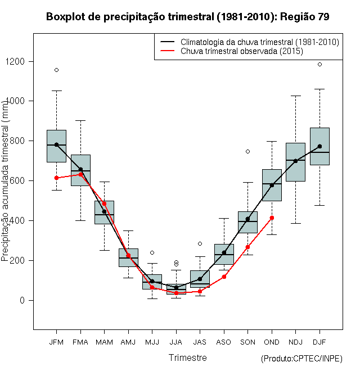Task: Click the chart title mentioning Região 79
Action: tap(187, 17)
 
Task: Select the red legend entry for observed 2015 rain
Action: tap(242, 51)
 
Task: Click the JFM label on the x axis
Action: tap(56, 342)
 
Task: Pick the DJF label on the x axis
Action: tap(319, 342)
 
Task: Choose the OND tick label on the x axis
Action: tap(272, 342)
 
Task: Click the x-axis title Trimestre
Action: tap(188, 358)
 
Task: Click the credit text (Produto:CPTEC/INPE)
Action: tap(301, 358)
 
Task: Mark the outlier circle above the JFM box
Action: tap(56, 70)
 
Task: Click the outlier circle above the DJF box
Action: tap(319, 65)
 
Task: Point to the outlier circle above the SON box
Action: tap(247, 151)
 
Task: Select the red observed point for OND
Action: tap(272, 218)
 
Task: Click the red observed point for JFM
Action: tap(56, 178)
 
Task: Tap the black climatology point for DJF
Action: tap(319, 146)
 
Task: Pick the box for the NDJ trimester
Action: tap(295, 162)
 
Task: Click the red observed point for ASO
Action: tap(224, 277)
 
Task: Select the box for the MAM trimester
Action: tap(104, 212)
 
